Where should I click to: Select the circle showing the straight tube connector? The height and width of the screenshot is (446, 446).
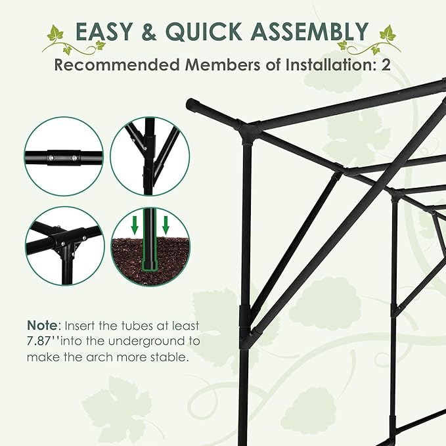pyautogui.click(x=64, y=156)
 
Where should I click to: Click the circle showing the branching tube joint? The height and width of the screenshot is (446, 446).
pyautogui.click(x=150, y=156)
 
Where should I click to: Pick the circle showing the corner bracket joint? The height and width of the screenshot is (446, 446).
pyautogui.click(x=64, y=244)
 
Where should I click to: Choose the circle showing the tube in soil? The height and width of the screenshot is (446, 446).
pyautogui.click(x=150, y=244)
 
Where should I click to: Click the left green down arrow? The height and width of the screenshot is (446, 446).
pyautogui.click(x=135, y=224)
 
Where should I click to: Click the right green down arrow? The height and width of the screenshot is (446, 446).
pyautogui.click(x=166, y=224)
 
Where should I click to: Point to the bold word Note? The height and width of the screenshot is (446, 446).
pyautogui.click(x=41, y=326)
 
